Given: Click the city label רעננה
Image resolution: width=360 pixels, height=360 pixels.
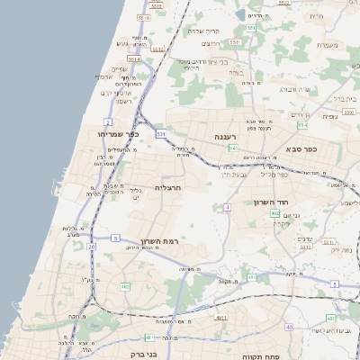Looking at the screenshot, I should point(224,137).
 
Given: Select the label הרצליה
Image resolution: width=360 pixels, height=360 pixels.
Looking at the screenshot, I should point(168,187).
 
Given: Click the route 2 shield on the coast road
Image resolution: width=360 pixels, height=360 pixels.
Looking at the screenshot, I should point(108,121).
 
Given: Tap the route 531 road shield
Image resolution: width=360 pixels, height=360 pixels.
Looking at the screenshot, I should point(161,134).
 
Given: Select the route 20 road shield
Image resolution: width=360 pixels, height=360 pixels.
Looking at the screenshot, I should point(91,246).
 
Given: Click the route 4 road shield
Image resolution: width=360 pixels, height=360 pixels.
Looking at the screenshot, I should point(229,208).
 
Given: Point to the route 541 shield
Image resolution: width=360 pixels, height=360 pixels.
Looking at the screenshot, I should point(233,148).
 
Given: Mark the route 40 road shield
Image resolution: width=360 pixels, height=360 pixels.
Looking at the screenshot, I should point(289,327).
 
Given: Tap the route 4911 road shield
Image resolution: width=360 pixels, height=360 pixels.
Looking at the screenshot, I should point(221,318).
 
